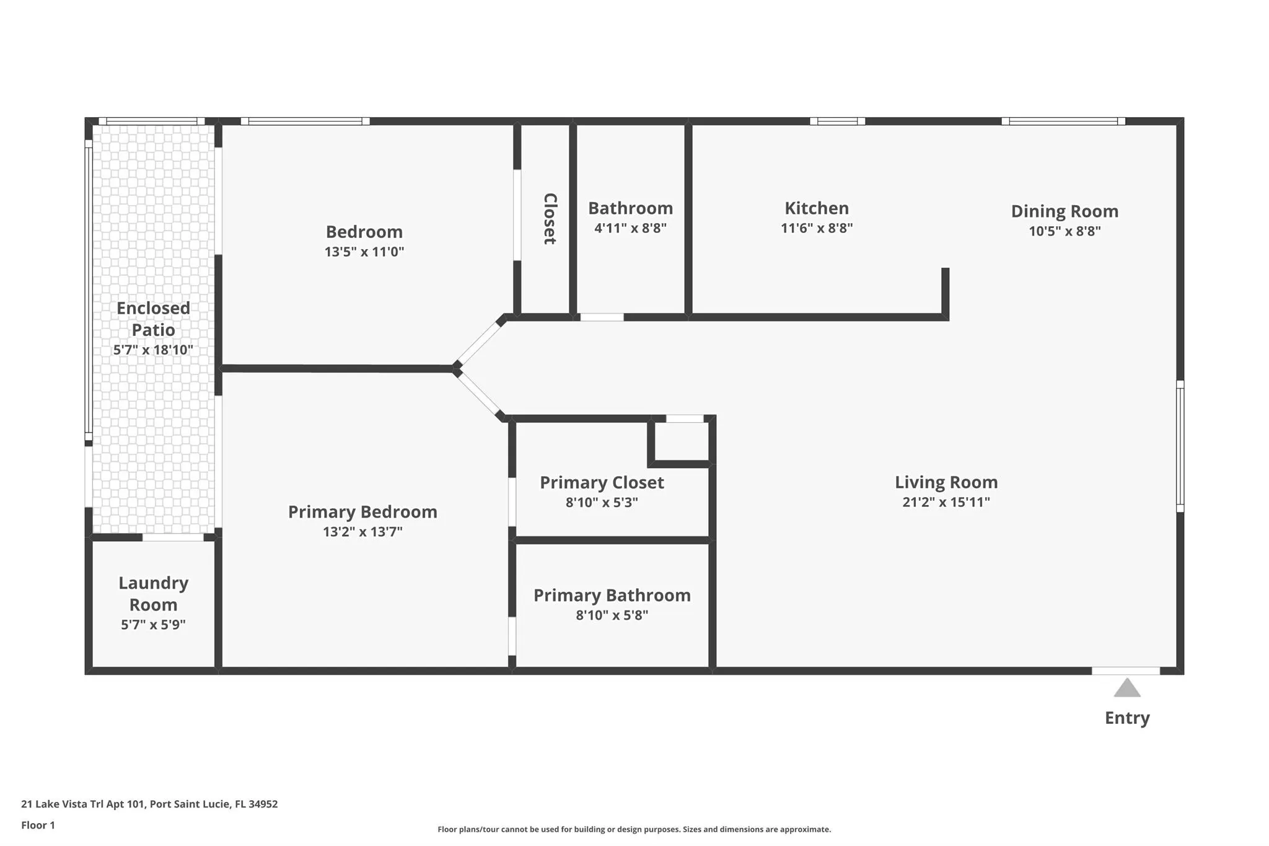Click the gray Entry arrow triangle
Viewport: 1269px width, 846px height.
[1126, 689]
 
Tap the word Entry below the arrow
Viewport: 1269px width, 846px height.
[1126, 718]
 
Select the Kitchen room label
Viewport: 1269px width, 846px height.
[816, 208]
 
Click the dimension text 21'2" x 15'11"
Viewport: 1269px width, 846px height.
[946, 502]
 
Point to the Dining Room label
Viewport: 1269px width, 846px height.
[1064, 211]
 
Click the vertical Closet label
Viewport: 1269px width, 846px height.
[550, 218]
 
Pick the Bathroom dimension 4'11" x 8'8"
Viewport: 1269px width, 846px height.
[630, 228]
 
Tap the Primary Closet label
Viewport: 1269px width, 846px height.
[601, 483]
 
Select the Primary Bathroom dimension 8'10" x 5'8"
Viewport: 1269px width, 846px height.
[612, 615]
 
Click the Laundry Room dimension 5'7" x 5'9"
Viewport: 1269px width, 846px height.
[153, 625]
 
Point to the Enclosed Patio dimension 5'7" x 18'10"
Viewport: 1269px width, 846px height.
[153, 350]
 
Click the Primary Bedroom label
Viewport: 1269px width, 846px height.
[362, 512]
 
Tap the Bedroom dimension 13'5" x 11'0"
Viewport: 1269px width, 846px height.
[364, 252]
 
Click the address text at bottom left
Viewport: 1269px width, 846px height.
[149, 804]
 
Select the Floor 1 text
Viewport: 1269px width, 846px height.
[38, 825]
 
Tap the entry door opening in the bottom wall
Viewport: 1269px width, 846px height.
[1125, 671]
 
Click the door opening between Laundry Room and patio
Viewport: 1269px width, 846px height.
[173, 537]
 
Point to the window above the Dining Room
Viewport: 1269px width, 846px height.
[1063, 121]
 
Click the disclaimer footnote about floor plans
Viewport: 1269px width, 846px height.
[634, 829]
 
